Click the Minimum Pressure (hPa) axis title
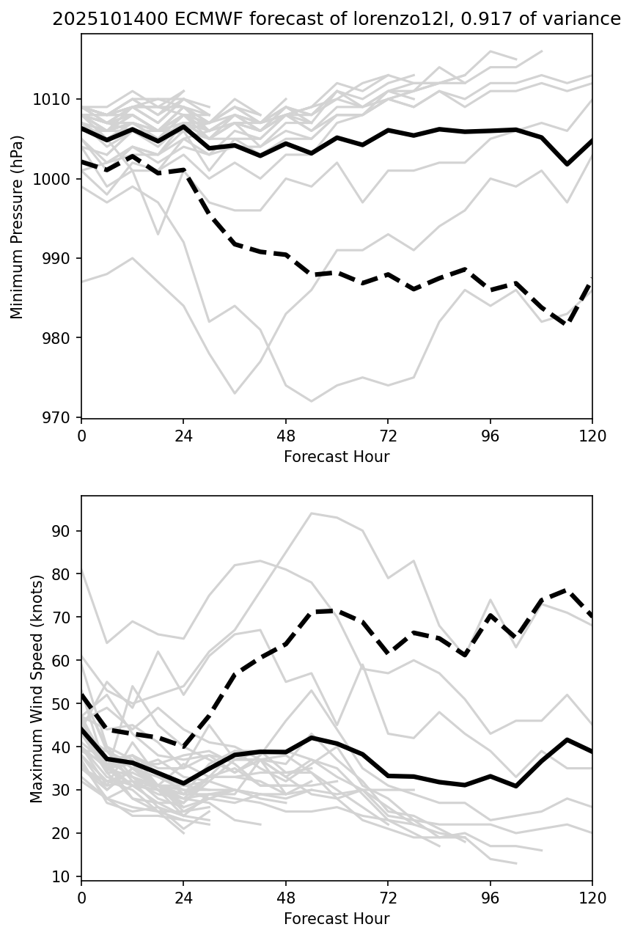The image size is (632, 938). [17, 227]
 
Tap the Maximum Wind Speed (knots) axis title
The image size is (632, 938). [37, 688]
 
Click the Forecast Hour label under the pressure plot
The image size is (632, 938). [337, 457]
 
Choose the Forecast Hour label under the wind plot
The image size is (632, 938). [337, 919]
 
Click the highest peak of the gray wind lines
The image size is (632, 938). [312, 513]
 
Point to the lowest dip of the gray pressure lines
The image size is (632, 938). [312, 401]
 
